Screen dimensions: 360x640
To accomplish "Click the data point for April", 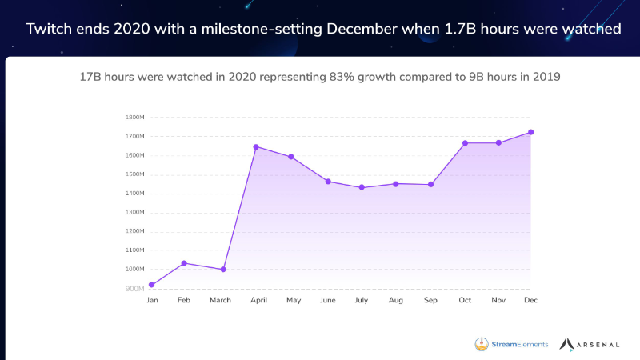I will coord(256,146).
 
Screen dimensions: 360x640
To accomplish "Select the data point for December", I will coord(531,132).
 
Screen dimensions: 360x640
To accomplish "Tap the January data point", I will coord(152,285).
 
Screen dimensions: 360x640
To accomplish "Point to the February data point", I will coord(184,262).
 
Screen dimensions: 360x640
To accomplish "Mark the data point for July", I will coord(362,187).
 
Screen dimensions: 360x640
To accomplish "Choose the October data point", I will coord(465,143).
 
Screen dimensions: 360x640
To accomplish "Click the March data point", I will coord(223,270).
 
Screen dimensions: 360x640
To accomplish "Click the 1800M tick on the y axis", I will coord(134,117).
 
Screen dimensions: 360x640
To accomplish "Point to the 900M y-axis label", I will coord(134,288).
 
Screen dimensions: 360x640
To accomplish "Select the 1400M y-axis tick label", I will coord(134,193).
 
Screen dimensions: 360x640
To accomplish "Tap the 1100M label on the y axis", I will coord(134,250).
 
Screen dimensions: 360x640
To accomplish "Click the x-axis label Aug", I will coord(396,301).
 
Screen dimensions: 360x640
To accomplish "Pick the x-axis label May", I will coord(293,301).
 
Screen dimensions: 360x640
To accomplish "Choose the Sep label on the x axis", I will coord(430,301).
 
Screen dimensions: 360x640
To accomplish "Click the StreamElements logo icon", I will coord(482,344).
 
